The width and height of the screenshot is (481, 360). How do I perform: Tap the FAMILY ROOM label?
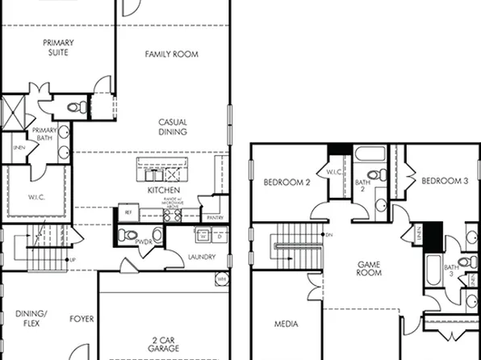click(x=171, y=54)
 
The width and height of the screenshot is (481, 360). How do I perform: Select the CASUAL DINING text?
click(x=173, y=127)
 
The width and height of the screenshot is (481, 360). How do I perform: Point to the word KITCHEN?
click(x=163, y=190)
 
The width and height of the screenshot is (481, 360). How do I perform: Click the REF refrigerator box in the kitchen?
click(x=128, y=212)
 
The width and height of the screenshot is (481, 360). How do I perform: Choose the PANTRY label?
click(x=215, y=218)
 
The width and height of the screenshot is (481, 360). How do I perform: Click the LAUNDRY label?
click(x=201, y=257)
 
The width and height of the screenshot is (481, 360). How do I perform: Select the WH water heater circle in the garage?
click(x=221, y=279)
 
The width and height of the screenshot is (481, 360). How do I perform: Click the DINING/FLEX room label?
click(x=31, y=318)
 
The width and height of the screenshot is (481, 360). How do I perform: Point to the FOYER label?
click(x=82, y=319)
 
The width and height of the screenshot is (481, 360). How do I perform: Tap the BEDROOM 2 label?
click(x=287, y=182)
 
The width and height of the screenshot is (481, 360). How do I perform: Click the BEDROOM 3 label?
click(x=444, y=181)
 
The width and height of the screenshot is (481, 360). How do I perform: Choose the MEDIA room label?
click(x=286, y=324)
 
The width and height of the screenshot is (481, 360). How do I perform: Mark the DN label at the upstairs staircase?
click(x=328, y=235)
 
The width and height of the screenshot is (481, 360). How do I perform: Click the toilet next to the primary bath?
click(x=74, y=107)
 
